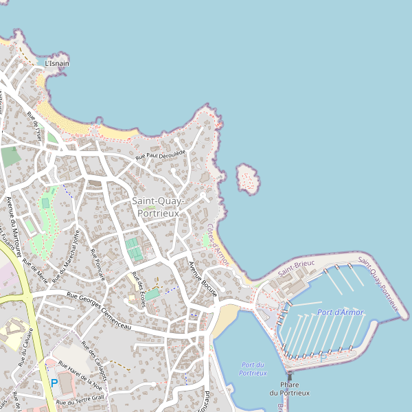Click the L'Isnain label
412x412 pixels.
(56, 64)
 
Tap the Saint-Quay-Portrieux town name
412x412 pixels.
(158, 207)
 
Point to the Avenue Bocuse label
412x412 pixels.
(203, 279)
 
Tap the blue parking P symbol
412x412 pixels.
(54, 383)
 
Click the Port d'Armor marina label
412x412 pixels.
(341, 312)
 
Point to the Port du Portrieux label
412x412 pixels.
(253, 369)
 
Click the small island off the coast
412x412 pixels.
(248, 179)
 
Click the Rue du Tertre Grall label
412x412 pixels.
(80, 400)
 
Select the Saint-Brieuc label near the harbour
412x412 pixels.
(296, 268)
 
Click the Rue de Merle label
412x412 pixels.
(36, 271)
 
